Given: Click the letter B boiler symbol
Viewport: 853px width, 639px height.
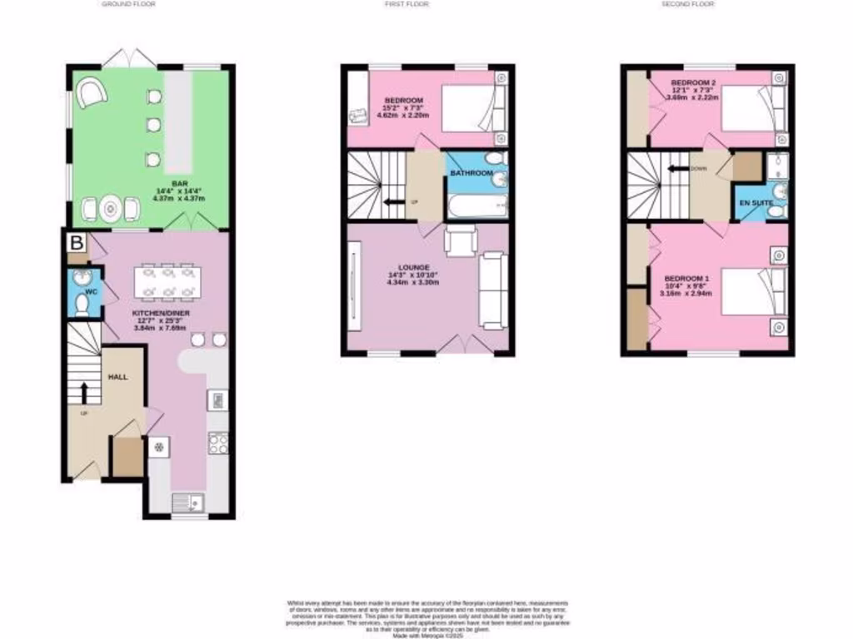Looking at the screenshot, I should pyautogui.click(x=76, y=243).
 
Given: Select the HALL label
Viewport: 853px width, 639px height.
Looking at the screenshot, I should pyautogui.click(x=117, y=377).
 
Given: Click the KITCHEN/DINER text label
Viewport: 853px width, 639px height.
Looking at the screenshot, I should pyautogui.click(x=161, y=313).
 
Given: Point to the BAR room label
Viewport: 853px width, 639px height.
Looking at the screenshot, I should pyautogui.click(x=178, y=182).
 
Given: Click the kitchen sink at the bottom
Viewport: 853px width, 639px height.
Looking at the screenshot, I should pyautogui.click(x=185, y=501).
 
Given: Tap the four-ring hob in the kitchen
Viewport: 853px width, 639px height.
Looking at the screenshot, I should pyautogui.click(x=218, y=443).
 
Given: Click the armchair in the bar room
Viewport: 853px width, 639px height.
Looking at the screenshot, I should pyautogui.click(x=92, y=92).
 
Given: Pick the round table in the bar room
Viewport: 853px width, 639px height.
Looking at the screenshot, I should pyautogui.click(x=111, y=209).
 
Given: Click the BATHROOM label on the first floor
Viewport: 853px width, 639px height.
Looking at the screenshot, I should pyautogui.click(x=469, y=173).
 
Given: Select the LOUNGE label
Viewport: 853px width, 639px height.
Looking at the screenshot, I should pyautogui.click(x=413, y=267).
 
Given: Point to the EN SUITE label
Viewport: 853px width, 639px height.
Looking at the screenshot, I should pyautogui.click(x=751, y=202).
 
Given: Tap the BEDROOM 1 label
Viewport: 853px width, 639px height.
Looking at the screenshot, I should pyautogui.click(x=686, y=278).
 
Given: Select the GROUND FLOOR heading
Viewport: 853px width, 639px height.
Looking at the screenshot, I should pyautogui.click(x=128, y=4).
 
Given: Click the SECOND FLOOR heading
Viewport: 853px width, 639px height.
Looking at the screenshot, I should pyautogui.click(x=688, y=4).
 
